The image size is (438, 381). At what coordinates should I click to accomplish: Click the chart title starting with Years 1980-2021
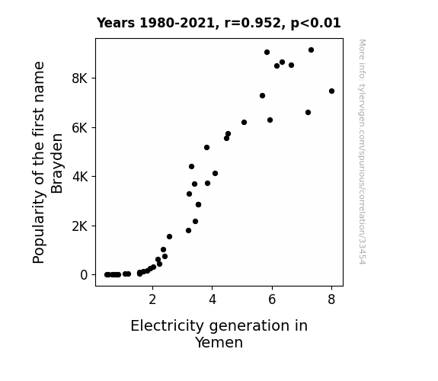click(219, 23)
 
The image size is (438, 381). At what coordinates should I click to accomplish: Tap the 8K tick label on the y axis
click(80, 78)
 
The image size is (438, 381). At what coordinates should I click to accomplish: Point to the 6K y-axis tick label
click(80, 128)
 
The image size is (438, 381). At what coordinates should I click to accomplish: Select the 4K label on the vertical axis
click(80, 177)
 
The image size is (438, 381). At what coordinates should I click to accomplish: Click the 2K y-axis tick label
click(80, 226)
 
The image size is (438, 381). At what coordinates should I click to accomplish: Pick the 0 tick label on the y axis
click(84, 275)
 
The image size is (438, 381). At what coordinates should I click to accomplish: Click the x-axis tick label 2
click(152, 299)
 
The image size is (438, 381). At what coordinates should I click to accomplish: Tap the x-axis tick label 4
click(213, 299)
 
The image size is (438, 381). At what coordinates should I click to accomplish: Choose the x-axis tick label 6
click(272, 299)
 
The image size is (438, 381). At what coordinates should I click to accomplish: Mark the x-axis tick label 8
click(331, 299)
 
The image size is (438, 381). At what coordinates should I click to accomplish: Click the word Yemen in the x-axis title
click(219, 342)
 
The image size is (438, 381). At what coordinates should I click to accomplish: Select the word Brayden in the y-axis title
click(57, 163)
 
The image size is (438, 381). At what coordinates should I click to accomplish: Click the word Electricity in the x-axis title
click(168, 326)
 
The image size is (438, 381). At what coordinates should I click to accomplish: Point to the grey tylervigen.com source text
click(362, 152)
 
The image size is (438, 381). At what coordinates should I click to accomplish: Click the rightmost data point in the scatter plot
click(331, 91)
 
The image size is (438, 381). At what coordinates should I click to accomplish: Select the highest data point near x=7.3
click(311, 50)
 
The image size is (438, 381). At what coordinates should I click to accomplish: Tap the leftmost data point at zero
click(107, 275)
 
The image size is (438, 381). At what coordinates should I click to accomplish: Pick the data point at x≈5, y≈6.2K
click(244, 123)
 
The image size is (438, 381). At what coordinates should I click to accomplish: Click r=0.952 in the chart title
click(253, 23)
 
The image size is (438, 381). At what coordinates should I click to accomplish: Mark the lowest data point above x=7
click(308, 112)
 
